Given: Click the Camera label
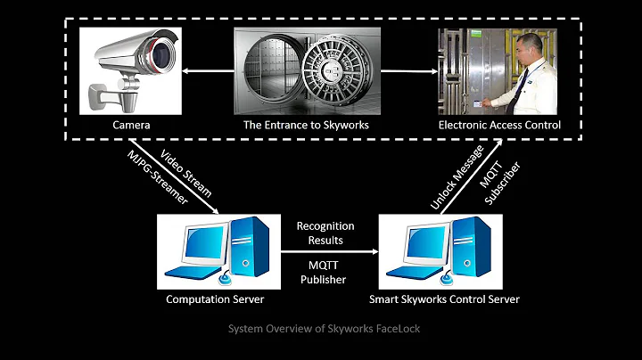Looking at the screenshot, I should pyautogui.click(x=131, y=125).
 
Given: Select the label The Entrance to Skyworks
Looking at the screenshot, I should pyautogui.click(x=306, y=125).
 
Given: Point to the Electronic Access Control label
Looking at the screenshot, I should pyautogui.click(x=499, y=125).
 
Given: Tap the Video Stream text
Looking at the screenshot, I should pyautogui.click(x=186, y=175).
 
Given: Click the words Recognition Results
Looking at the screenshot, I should pyautogui.click(x=325, y=233).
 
